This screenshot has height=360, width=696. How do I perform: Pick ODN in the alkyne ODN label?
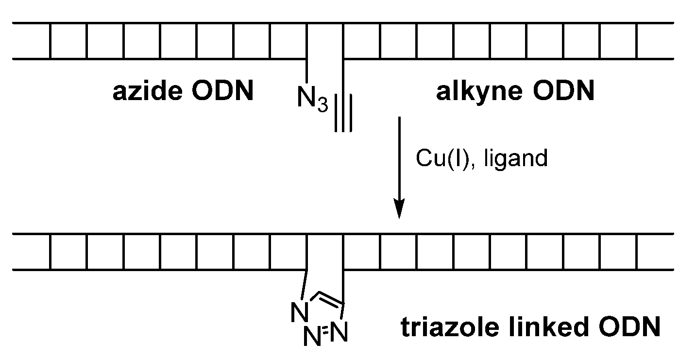click(563, 91)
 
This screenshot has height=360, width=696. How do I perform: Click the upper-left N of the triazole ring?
click(299, 311)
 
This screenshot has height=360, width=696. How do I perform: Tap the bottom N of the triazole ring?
click(312, 336)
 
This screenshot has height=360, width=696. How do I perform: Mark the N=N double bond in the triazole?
click(327, 332)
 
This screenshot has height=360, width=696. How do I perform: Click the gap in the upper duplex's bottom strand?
click(324, 59)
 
